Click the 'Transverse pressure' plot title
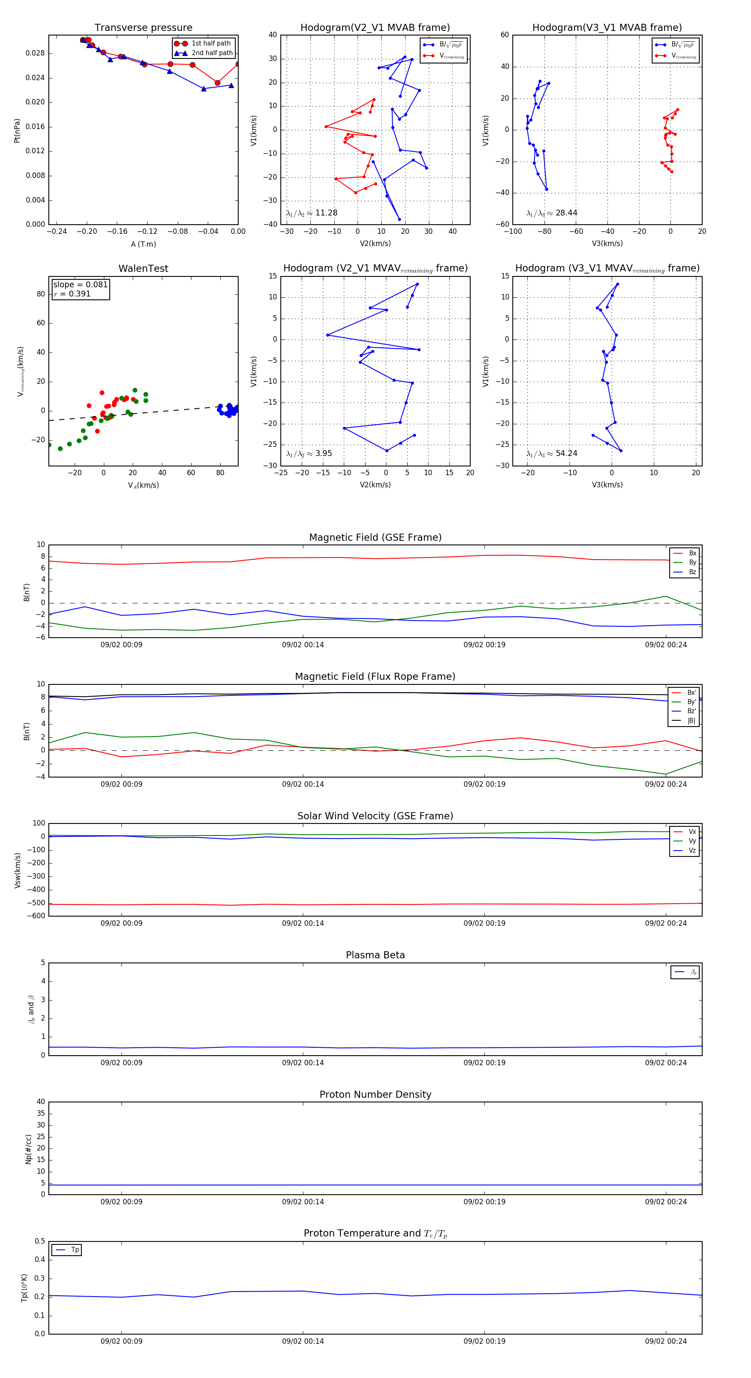pos(143,28)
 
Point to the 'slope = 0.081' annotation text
pos(80,285)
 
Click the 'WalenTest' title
pos(143,269)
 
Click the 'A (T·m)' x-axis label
pos(143,244)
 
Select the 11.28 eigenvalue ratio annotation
pos(312,213)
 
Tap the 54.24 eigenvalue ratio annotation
pos(552,453)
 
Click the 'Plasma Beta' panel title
pos(375,955)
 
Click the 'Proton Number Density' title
pos(375,1094)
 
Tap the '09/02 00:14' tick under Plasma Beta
pos(303,1062)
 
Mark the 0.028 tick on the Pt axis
pos(35,53)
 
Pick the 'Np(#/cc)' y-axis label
pos(28,1149)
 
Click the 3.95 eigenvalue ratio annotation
pos(309,453)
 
